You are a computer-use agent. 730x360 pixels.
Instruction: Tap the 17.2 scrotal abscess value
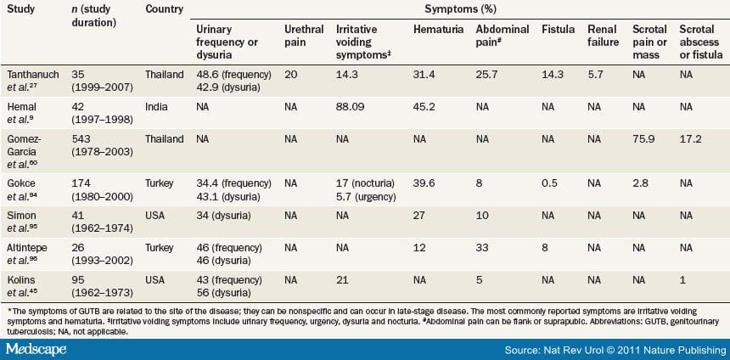tap(690, 139)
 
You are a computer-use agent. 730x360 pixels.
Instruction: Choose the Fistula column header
tap(558, 30)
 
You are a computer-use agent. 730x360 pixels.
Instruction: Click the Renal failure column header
tap(603, 36)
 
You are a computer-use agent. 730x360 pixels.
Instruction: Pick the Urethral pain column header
tap(304, 36)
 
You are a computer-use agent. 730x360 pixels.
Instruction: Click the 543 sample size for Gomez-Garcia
tap(81, 139)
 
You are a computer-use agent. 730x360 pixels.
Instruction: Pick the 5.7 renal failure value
tap(596, 75)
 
